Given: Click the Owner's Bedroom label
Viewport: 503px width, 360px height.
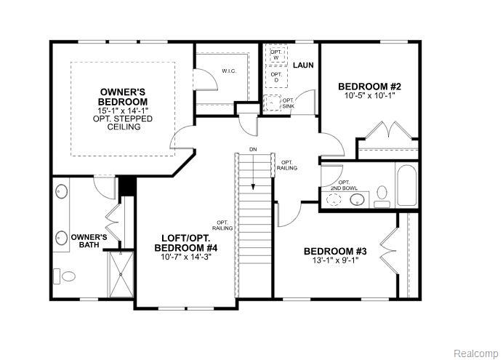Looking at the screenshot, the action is [x=123, y=97].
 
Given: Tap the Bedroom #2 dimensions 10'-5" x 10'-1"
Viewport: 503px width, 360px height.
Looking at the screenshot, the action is [x=369, y=95].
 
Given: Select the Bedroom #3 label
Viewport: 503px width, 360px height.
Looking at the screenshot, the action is [x=335, y=251].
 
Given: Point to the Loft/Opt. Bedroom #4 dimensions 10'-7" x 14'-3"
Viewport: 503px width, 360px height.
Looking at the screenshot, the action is [x=186, y=257].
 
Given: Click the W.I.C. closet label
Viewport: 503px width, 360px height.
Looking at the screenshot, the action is [x=229, y=71].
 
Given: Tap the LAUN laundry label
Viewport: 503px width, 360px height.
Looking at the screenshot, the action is [x=303, y=65].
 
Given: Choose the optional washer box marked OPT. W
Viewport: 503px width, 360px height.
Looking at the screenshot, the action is [x=276, y=55].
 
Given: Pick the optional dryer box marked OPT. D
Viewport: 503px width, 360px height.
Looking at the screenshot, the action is [x=276, y=76].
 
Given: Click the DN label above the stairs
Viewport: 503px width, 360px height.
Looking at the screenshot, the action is [x=254, y=150].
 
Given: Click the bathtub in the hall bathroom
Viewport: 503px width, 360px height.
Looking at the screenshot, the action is [x=407, y=185].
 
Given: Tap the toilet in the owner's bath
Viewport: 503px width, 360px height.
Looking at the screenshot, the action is [x=65, y=276].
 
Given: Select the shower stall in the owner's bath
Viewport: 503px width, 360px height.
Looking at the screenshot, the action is [x=121, y=274].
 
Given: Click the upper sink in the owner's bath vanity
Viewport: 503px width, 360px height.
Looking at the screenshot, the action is [x=62, y=191].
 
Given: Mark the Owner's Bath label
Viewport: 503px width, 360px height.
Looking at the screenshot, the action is [x=89, y=241].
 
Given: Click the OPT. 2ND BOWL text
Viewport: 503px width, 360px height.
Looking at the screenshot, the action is [x=344, y=185].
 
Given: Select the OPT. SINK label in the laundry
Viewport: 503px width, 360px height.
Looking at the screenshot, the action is [x=289, y=103].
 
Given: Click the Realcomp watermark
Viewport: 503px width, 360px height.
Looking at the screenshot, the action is [x=475, y=353].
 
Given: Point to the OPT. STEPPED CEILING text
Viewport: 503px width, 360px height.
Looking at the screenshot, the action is [x=123, y=123].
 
